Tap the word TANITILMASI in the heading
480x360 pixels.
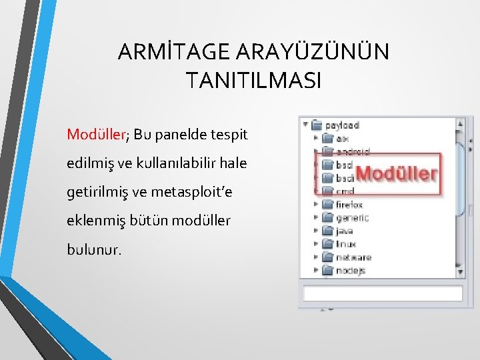coord(253,80)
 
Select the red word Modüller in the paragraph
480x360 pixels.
coord(96,135)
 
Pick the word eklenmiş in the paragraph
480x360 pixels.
coord(93,221)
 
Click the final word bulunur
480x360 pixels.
coord(95,249)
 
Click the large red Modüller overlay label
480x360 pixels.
coord(396,174)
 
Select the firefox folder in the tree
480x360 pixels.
coord(349,205)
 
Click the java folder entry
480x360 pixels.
coord(343,231)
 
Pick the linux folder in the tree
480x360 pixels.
coord(345,244)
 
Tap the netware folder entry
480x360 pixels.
coord(351,257)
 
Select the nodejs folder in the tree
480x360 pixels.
coord(350,271)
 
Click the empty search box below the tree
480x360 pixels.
coord(383,293)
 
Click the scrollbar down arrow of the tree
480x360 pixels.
coord(459,271)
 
